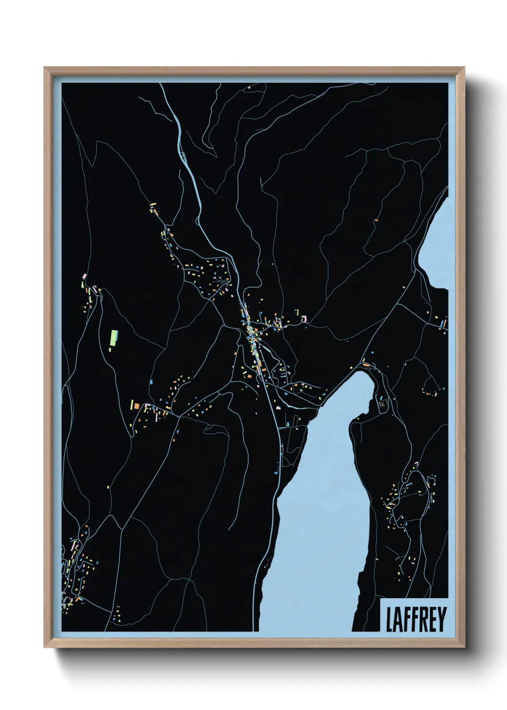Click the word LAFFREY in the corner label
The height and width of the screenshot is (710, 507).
[x=415, y=619]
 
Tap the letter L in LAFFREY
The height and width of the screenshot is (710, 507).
[x=390, y=619]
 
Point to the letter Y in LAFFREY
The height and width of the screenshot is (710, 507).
[x=442, y=619]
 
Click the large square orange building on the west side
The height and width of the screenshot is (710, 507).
[x=137, y=406]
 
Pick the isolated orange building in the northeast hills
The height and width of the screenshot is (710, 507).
[x=376, y=220]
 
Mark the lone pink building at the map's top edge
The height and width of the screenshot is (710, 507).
[x=250, y=88]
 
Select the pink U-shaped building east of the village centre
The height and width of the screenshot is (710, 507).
[x=303, y=318]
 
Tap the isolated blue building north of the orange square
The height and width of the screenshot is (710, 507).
[x=151, y=382]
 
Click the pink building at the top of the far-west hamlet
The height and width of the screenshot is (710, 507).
[x=85, y=276]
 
